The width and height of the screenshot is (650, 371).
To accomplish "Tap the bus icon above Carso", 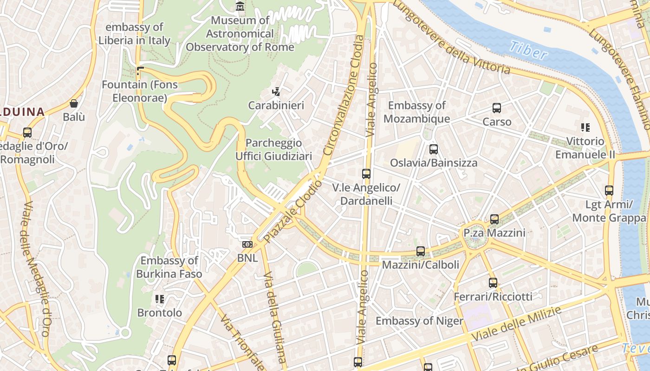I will click(497, 108).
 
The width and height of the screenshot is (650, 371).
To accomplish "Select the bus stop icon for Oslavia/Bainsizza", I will click(434, 149).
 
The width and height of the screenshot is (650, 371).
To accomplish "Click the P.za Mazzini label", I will click(494, 232).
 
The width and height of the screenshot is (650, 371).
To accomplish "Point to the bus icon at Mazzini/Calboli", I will click(421, 251).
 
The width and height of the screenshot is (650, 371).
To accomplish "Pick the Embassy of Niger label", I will click(419, 321).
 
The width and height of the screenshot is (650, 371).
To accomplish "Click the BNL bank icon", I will click(247, 244).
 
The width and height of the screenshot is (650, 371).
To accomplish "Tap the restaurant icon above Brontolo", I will click(160, 299).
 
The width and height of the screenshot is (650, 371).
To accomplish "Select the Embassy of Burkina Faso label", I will click(169, 267).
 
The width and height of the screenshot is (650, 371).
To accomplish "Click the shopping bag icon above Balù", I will click(74, 103).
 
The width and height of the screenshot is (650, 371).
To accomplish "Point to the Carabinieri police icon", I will click(276, 92).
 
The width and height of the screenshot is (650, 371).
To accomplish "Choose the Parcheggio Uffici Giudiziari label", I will click(273, 149).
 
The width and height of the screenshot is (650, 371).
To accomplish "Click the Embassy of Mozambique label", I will click(416, 112).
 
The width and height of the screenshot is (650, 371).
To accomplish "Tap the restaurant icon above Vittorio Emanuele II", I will click(585, 127).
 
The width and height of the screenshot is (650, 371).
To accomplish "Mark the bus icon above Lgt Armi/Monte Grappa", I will click(609, 190).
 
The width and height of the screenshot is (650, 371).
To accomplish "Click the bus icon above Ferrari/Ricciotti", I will click(493, 282).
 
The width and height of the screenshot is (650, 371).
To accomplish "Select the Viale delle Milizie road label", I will click(516, 324).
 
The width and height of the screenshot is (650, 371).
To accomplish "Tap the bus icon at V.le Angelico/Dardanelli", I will click(366, 174).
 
